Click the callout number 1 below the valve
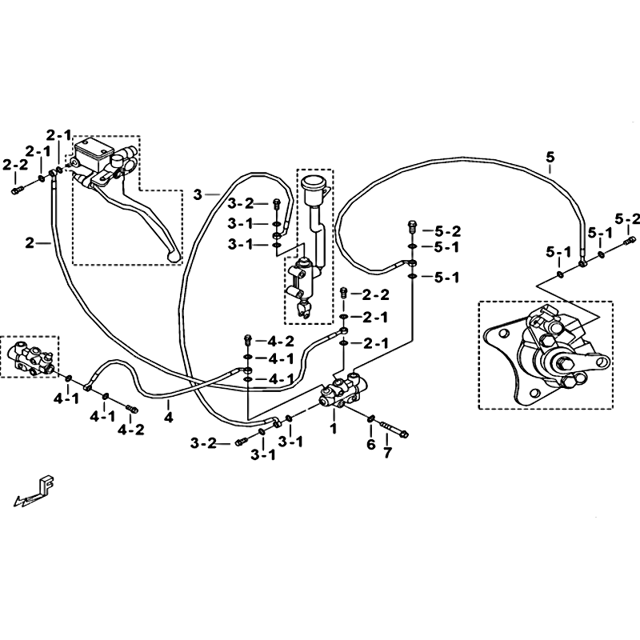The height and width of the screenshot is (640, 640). coord(334,428)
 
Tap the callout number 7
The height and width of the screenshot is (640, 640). coord(387,452)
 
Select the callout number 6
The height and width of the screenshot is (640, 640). coord(370,444)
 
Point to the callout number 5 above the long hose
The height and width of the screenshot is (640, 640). coord(550,157)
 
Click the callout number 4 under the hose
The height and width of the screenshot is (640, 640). coord(169,417)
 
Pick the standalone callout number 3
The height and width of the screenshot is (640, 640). coord(198,194)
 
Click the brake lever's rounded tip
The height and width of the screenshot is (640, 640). coord(174,256)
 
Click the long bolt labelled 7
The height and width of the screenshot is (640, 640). coord(394,429)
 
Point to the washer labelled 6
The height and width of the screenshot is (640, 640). coord(371,418)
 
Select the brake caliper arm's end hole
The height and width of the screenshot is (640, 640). coord(602,361)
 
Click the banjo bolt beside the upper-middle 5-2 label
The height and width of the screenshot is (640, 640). coord(412,226)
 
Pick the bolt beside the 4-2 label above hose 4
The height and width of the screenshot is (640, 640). coord(247,339)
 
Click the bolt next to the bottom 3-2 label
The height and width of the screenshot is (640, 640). coord(241,442)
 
